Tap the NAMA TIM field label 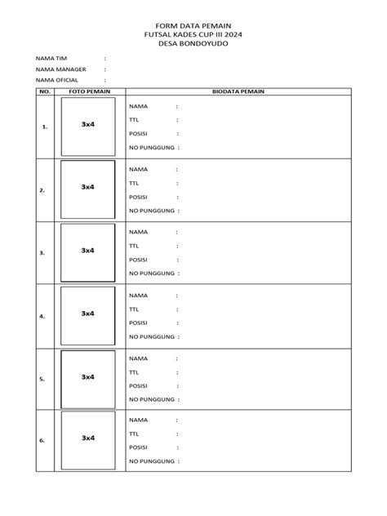(51, 60)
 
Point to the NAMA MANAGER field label (60, 70)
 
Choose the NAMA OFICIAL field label (56, 80)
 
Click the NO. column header (44, 92)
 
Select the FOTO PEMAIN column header (87, 92)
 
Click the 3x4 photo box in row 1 (87, 124)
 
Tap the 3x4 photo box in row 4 (87, 314)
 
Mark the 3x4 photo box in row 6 (87, 438)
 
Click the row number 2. (42, 190)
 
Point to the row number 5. (42, 379)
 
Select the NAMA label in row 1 (138, 106)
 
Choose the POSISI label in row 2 (138, 196)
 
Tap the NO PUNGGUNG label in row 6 (152, 462)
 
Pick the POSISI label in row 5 (138, 385)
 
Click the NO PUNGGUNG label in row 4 (152, 336)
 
